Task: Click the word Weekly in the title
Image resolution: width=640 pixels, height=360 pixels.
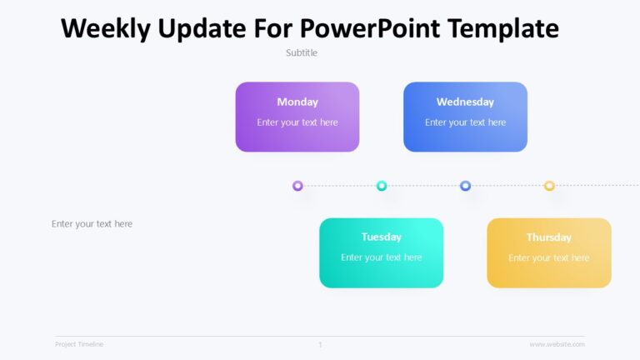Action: [107, 28]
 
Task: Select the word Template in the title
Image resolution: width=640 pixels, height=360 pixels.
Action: [503, 28]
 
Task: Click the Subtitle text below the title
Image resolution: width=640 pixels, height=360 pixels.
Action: [302, 52]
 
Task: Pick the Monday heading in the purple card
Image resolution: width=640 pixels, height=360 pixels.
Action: [297, 102]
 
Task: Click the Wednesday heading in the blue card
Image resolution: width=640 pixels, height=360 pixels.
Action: [465, 102]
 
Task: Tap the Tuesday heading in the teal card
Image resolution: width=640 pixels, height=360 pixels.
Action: [381, 237]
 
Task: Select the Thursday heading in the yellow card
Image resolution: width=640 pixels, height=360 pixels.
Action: [549, 237]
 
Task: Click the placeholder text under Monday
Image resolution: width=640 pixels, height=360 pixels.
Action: [297, 122]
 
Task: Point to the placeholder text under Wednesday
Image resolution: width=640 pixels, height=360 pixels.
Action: [465, 122]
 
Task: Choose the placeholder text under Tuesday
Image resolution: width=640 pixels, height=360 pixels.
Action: [381, 257]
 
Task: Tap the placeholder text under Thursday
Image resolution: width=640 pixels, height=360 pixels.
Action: [549, 257]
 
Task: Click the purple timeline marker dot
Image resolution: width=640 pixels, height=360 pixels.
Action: [297, 186]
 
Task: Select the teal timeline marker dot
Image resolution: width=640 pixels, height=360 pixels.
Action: [382, 186]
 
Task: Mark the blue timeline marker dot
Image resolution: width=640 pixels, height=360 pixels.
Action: [465, 186]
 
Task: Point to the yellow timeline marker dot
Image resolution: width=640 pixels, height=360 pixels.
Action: [549, 186]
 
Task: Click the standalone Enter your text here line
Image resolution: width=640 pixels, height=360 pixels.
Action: [92, 223]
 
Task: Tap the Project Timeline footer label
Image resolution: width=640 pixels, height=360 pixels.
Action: [79, 344]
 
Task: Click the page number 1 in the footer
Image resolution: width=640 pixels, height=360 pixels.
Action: [320, 344]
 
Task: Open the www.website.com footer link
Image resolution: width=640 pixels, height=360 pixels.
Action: [557, 344]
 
